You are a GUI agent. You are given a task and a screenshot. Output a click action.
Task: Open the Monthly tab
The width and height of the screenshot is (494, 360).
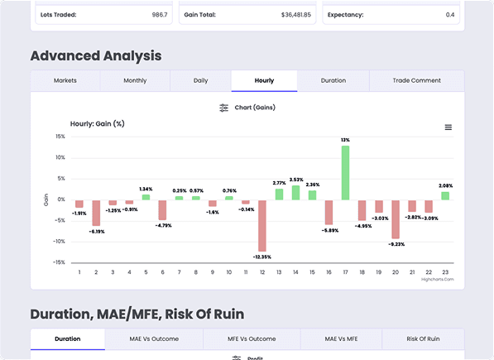pyautogui.click(x=135, y=80)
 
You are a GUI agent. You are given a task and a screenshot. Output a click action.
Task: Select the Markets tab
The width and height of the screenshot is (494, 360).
pyautogui.click(x=65, y=80)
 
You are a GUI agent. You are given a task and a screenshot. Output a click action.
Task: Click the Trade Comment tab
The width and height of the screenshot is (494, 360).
pyautogui.click(x=416, y=80)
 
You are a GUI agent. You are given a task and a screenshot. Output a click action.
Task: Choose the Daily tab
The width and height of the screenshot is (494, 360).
pyautogui.click(x=200, y=80)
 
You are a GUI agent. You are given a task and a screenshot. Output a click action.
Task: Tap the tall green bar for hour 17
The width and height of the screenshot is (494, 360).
pyautogui.click(x=345, y=172)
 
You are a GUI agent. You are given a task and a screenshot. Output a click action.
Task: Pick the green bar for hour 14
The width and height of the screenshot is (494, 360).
pyautogui.click(x=295, y=192)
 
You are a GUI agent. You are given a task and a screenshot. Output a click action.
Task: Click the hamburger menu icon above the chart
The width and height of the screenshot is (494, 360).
pyautogui.click(x=448, y=127)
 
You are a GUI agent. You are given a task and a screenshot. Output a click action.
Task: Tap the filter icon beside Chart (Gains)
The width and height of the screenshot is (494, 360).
pyautogui.click(x=223, y=108)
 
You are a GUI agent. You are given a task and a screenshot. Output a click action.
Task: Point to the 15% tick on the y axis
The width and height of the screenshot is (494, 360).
pyautogui.click(x=60, y=137)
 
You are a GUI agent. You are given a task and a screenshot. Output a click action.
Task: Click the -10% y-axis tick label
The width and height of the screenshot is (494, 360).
pyautogui.click(x=59, y=242)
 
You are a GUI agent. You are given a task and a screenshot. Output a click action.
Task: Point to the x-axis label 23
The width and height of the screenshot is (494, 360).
pyautogui.click(x=445, y=271)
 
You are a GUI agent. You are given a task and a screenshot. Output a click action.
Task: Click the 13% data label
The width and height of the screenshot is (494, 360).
pyautogui.click(x=345, y=140)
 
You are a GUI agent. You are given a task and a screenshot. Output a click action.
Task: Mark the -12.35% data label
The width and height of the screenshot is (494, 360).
pyautogui.click(x=262, y=257)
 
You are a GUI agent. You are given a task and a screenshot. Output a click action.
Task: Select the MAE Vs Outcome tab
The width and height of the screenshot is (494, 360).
pyautogui.click(x=153, y=339)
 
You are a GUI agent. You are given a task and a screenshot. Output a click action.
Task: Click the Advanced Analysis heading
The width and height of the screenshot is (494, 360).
pyautogui.click(x=96, y=55)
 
